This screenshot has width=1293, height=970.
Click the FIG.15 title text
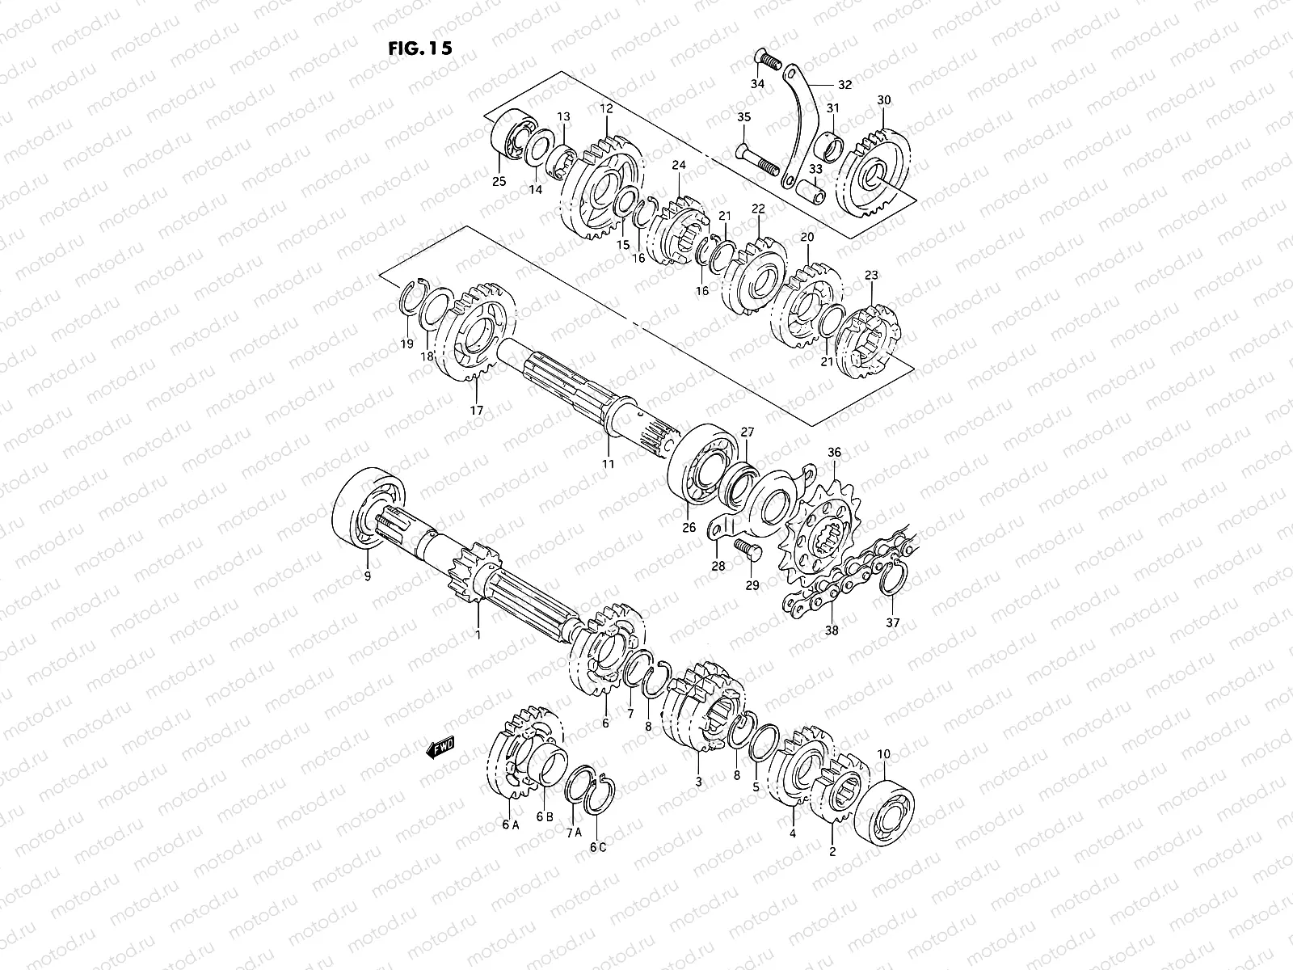[x=420, y=48]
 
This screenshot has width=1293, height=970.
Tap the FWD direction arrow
[x=440, y=748]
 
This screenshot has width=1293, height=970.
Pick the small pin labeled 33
[x=810, y=192]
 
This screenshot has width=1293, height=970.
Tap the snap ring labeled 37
[x=893, y=580]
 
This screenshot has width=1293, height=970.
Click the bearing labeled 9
[x=369, y=509]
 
